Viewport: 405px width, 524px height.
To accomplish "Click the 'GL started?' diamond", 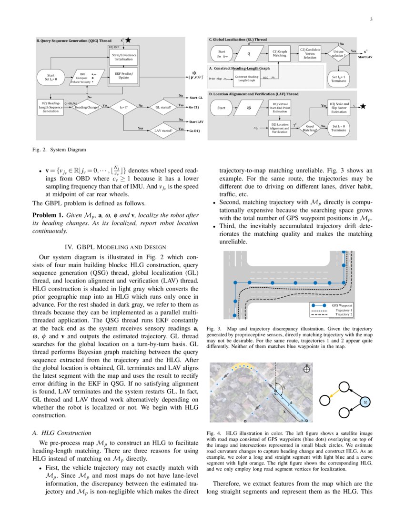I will [163, 106].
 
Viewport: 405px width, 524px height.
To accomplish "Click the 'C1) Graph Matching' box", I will [279, 53].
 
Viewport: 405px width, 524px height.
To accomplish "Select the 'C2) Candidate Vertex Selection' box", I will [310, 53].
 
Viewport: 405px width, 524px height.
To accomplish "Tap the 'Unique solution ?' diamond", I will [338, 53].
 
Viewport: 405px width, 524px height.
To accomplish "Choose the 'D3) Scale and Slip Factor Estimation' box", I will [339, 108].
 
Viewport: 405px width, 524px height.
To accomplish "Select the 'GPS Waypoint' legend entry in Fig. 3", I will [336, 305].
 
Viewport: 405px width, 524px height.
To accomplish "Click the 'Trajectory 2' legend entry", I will [336, 315].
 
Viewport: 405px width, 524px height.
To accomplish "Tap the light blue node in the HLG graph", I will [365, 402].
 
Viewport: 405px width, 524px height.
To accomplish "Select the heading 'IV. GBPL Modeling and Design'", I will [115, 247].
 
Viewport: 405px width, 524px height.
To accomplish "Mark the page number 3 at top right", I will [371, 20].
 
